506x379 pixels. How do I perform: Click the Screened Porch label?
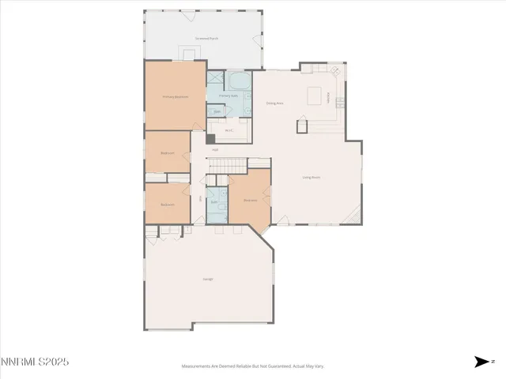tap(207, 38)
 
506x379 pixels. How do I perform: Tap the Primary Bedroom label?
tap(175, 96)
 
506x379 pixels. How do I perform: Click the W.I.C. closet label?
tap(228, 130)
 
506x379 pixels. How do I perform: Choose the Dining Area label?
tap(274, 103)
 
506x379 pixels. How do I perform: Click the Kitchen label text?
tap(328, 96)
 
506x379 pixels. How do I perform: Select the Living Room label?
tap(311, 178)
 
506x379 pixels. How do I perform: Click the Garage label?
tap(208, 279)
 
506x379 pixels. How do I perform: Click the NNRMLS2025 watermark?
tap(35, 362)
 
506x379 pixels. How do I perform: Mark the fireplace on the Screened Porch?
tap(188, 54)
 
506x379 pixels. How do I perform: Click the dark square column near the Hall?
tap(210, 140)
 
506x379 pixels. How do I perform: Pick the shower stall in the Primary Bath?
tap(215, 79)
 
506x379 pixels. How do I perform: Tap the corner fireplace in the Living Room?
tap(357, 213)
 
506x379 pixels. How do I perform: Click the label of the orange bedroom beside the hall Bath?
tap(250, 201)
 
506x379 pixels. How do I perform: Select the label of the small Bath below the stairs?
tap(213, 202)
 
